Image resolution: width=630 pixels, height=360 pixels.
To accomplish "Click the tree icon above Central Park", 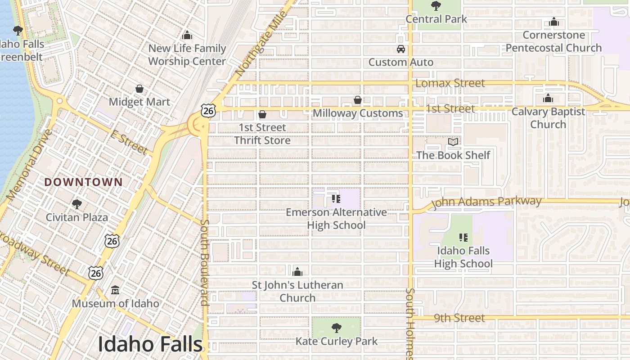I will (x=436, y=6).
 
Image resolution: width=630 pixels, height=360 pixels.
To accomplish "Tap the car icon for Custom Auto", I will (x=400, y=49).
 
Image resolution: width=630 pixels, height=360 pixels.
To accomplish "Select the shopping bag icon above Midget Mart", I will (x=139, y=89).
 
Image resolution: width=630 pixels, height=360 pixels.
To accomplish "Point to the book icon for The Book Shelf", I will (x=453, y=142).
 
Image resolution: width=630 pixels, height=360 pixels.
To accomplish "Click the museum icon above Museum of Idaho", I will (x=115, y=290).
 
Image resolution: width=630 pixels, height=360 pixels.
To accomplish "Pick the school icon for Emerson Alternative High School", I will (x=336, y=198).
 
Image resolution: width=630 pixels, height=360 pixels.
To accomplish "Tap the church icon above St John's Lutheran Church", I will (x=297, y=272).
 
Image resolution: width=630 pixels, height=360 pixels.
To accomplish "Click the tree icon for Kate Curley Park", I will (x=336, y=328).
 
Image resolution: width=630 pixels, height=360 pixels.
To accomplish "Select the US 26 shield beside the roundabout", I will (x=208, y=110).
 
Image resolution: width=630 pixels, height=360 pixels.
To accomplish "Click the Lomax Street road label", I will (x=450, y=83).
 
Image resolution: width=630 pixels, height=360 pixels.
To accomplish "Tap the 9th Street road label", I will (x=459, y=318).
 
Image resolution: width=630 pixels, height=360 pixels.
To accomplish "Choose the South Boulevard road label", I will (x=204, y=263).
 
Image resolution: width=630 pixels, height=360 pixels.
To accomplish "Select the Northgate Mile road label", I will (x=261, y=45).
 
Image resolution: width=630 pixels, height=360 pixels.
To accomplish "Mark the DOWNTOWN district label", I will (x=84, y=182).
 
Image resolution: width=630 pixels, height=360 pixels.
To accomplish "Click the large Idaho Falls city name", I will (x=150, y=344).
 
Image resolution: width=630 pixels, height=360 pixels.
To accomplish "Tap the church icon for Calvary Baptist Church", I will (x=548, y=98).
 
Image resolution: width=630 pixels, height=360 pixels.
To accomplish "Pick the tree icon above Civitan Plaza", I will (x=76, y=204).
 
